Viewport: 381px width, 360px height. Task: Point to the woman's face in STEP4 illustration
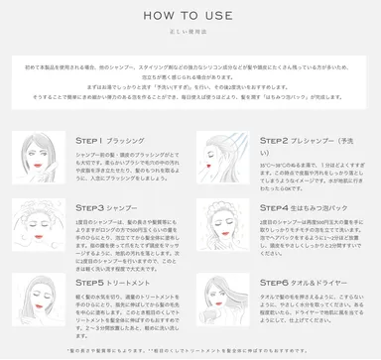pyautogui.click(x=224, y=230)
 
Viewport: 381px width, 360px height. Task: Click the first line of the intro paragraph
pyautogui.click(x=190, y=62)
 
